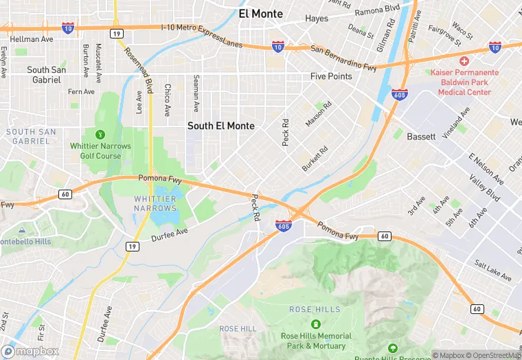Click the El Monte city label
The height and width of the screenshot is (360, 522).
click(x=261, y=14)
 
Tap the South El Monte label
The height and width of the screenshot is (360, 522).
click(x=221, y=126)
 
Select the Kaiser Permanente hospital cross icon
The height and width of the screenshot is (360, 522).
click(x=464, y=61)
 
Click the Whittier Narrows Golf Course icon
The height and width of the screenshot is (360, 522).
click(x=100, y=135)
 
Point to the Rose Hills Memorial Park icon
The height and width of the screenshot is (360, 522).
click(x=315, y=324)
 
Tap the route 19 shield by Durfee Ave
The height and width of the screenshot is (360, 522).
click(x=130, y=245)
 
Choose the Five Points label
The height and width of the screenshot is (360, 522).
click(x=331, y=76)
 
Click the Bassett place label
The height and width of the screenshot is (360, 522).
click(x=421, y=137)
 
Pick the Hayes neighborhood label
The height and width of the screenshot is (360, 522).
click(x=317, y=19)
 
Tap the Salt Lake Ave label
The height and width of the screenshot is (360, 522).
click(x=492, y=270)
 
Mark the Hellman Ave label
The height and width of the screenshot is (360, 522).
click(x=32, y=39)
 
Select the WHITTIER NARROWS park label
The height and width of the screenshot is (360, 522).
click(x=155, y=203)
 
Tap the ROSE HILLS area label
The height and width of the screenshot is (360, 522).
click(x=315, y=309)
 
